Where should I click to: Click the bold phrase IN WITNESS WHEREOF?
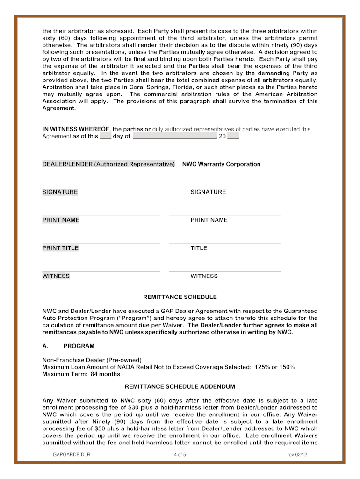pos(76,129)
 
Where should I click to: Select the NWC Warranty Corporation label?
pos(221,164)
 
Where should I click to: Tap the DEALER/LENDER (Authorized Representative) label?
pos(108,164)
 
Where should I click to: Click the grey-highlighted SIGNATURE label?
pos(60,192)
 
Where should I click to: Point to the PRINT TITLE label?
pos(60,248)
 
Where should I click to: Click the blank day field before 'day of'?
pos(105,137)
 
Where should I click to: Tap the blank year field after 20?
pos(233,137)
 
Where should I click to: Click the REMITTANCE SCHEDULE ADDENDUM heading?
pos(180,387)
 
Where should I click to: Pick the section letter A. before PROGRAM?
pos(46,346)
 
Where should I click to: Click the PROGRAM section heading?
pos(79,346)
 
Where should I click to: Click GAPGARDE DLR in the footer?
pos(72,455)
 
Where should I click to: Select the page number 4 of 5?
pos(180,455)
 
